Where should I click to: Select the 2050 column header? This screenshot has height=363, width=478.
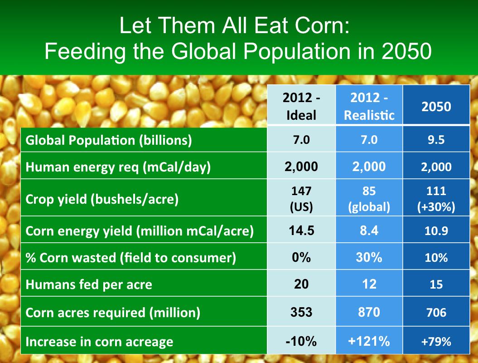click(436, 106)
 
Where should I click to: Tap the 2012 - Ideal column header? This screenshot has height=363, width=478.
click(301, 106)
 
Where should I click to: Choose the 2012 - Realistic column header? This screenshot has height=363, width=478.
click(369, 106)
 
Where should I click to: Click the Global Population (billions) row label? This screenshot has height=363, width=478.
click(109, 140)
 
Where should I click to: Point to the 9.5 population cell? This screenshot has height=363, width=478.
click(436, 140)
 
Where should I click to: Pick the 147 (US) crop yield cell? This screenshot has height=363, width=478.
click(301, 199)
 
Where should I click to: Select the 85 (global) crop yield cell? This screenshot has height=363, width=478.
click(369, 199)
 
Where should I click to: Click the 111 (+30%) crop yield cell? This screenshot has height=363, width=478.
click(436, 199)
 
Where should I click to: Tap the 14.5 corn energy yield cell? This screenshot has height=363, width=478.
click(301, 231)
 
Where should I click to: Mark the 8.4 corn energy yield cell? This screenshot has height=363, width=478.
click(369, 231)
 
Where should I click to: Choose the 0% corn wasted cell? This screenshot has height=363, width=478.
click(301, 257)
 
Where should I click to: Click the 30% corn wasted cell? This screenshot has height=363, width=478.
click(369, 257)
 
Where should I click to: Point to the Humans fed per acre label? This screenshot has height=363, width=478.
click(89, 285)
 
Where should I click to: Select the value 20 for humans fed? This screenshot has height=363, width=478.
click(301, 284)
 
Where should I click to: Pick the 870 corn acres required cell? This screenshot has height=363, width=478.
click(369, 312)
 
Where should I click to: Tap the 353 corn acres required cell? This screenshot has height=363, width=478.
click(301, 312)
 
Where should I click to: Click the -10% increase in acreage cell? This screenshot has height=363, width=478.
click(301, 341)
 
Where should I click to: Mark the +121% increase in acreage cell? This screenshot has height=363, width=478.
click(369, 341)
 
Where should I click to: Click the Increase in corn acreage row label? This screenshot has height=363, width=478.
click(99, 341)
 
